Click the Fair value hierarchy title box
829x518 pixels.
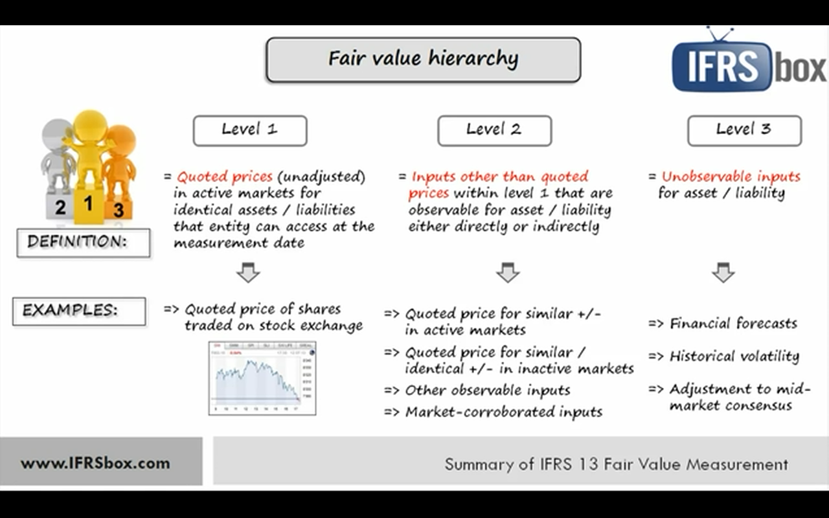(x=423, y=60)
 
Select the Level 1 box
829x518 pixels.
(x=249, y=130)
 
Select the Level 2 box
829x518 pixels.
(x=494, y=130)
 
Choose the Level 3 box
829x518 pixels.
(x=744, y=130)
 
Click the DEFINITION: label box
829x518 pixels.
(x=83, y=243)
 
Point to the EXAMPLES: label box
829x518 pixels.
(x=78, y=311)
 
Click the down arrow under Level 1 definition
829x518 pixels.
(x=248, y=273)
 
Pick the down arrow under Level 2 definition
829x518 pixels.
(x=508, y=273)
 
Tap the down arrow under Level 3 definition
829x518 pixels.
(x=723, y=273)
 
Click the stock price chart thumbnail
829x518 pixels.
(x=262, y=378)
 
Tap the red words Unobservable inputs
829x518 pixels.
(x=731, y=177)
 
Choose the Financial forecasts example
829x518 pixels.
(x=732, y=323)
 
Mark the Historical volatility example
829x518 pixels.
(x=734, y=356)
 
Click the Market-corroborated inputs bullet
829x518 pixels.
(x=503, y=412)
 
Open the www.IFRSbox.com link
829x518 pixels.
(x=95, y=463)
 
